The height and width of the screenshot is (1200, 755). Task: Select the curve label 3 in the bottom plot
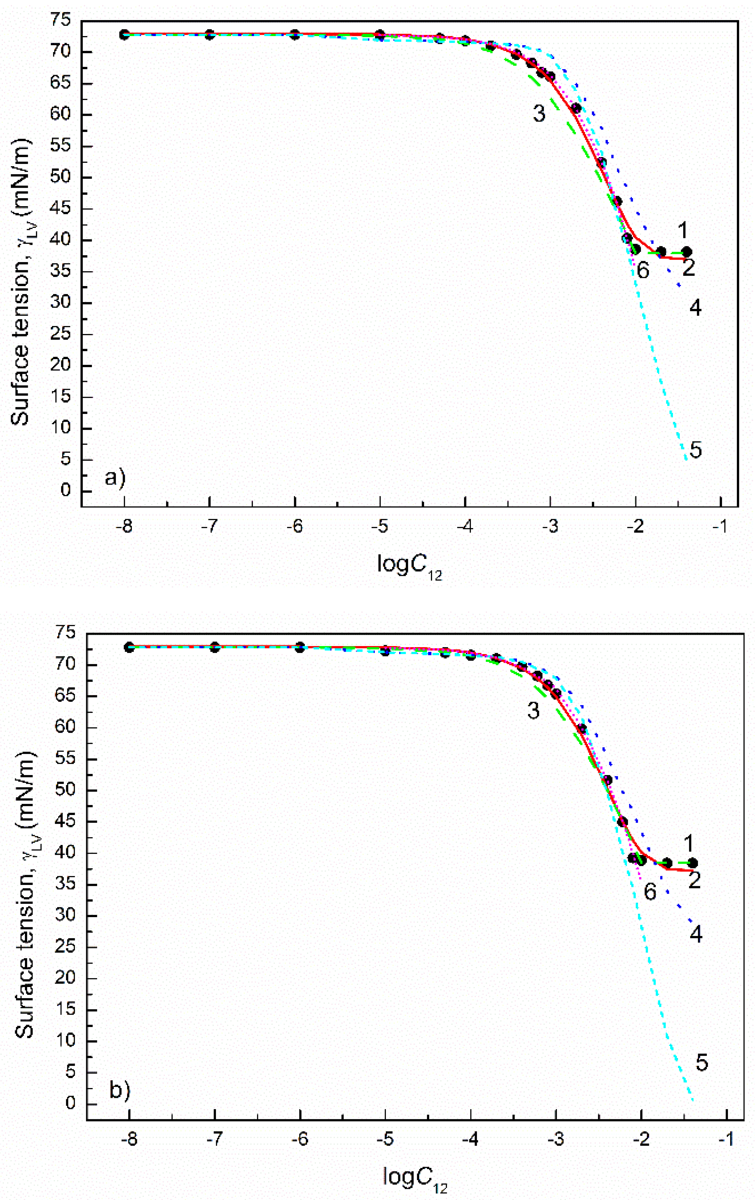533,711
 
